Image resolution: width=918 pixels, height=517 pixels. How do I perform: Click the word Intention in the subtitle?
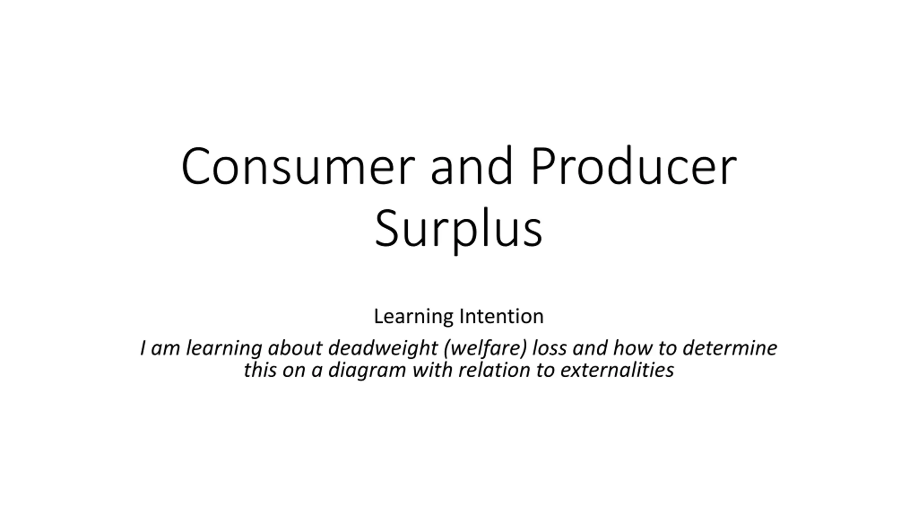coord(501,316)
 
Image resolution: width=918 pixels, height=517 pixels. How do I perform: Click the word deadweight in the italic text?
coord(383,348)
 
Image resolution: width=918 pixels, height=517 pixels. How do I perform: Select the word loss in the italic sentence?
coord(549,348)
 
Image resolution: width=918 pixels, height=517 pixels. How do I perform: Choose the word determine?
coord(730,348)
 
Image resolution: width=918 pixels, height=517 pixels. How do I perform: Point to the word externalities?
coord(617,370)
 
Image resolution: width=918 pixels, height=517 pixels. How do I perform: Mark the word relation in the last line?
coord(494,370)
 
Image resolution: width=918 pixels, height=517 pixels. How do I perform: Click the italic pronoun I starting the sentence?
coord(143,348)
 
